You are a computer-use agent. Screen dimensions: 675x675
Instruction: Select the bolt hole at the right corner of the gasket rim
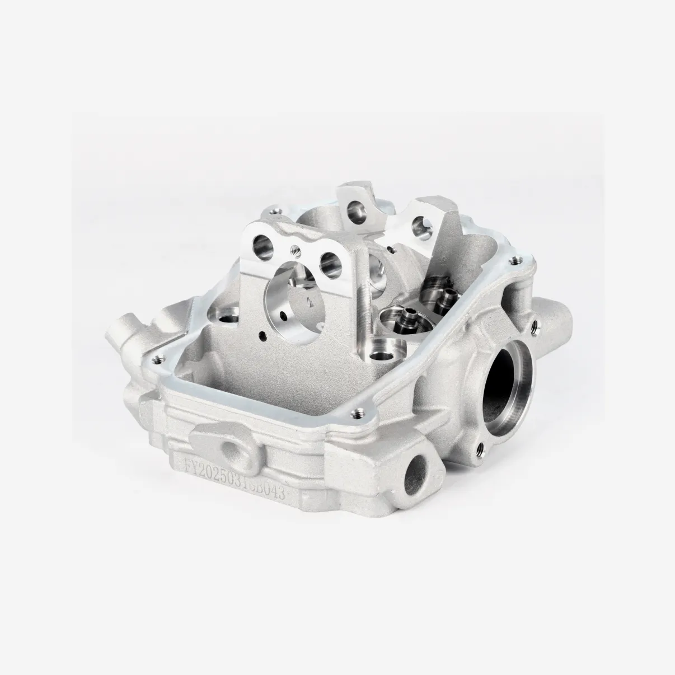click(x=510, y=260)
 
